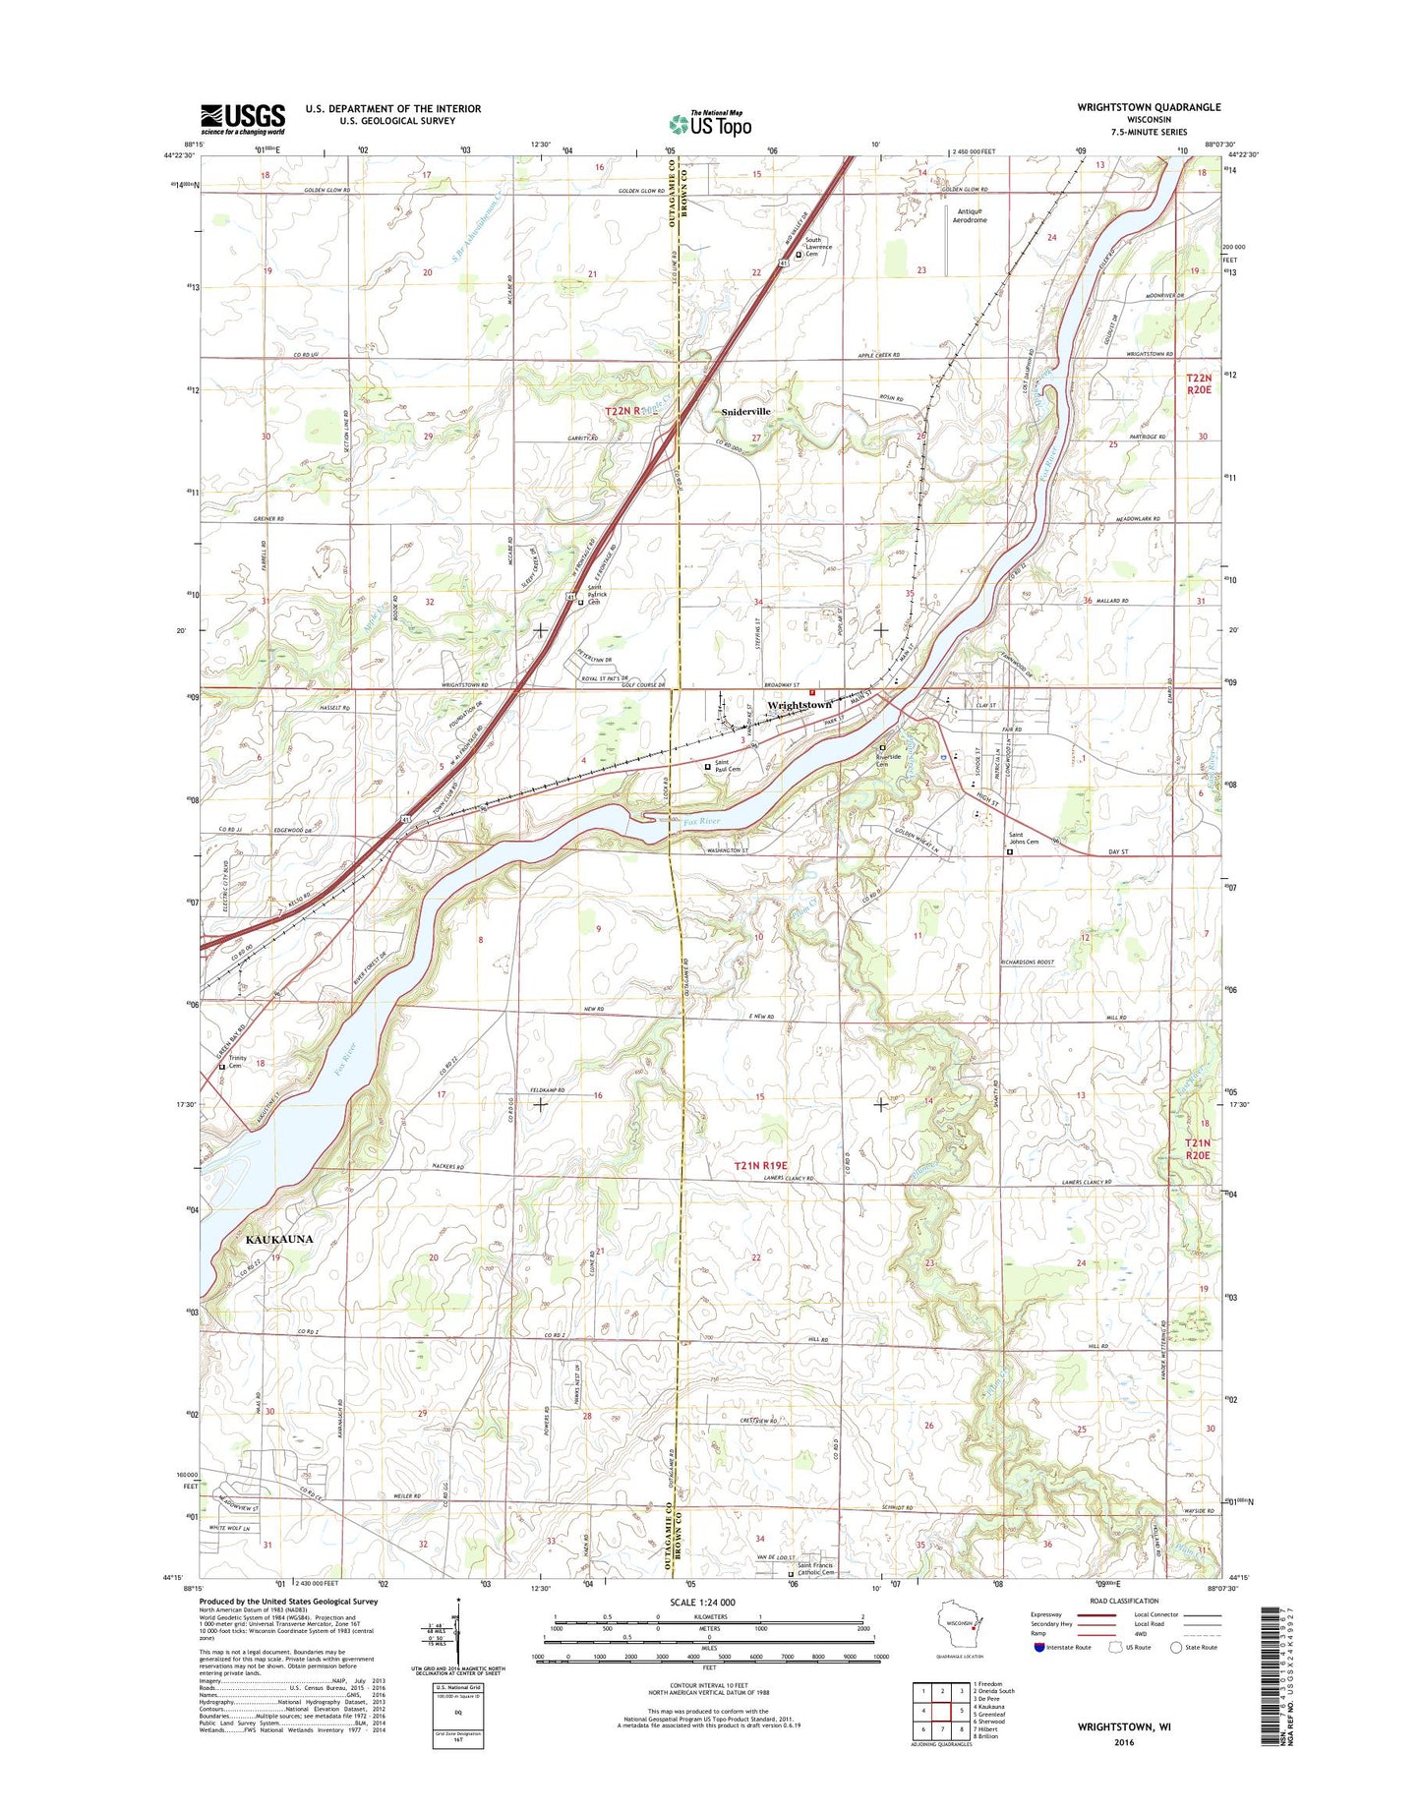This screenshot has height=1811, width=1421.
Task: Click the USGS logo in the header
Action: (x=243, y=119)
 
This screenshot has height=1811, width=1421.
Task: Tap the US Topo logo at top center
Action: (x=710, y=124)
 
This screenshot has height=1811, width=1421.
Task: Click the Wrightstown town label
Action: (x=799, y=705)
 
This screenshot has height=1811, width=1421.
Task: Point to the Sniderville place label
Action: (x=746, y=411)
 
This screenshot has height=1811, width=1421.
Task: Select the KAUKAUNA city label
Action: (x=278, y=1239)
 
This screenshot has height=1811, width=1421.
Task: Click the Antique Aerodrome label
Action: (x=970, y=215)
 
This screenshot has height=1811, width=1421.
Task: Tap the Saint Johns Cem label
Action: (x=1024, y=840)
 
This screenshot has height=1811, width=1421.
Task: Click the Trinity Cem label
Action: (x=238, y=1062)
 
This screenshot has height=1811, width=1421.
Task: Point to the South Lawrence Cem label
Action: (x=818, y=246)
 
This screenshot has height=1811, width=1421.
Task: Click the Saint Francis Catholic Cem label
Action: (x=815, y=1598)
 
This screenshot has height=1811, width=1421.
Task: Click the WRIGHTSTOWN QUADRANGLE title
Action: (x=1149, y=107)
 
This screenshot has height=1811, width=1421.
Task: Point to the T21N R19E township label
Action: (x=760, y=1166)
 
